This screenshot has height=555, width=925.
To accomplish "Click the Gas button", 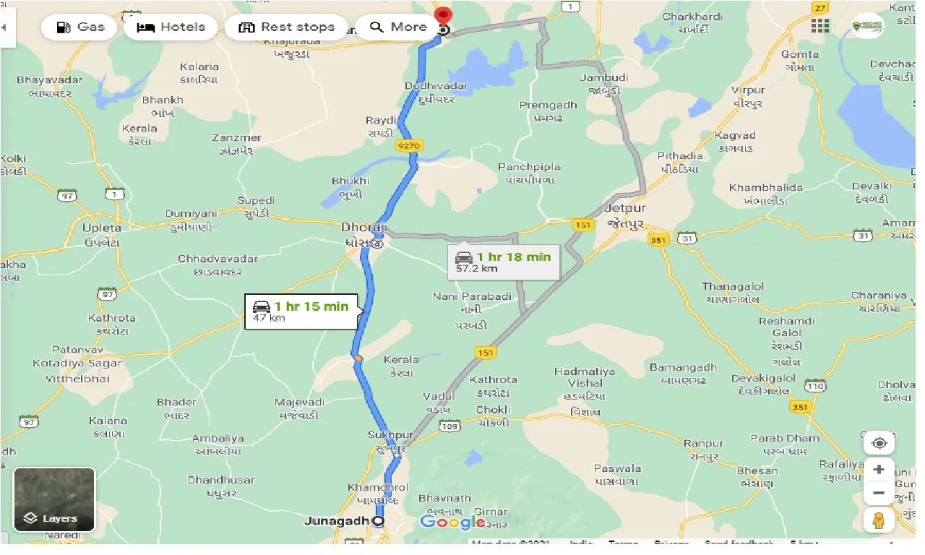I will pyautogui.click(x=79, y=27).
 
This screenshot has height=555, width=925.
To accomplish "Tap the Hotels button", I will pyautogui.click(x=171, y=27).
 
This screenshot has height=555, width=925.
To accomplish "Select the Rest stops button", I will pyautogui.click(x=286, y=27).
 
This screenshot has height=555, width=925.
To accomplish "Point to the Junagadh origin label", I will pyautogui.click(x=337, y=520).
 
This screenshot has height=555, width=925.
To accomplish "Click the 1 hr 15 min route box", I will pyautogui.click(x=301, y=311).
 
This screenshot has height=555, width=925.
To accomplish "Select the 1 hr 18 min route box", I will pyautogui.click(x=504, y=262).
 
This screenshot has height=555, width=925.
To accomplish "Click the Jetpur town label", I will pyautogui.click(x=625, y=208).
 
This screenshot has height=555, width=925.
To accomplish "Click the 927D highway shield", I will pyautogui.click(x=409, y=146).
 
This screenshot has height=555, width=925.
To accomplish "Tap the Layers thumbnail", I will pyautogui.click(x=54, y=499).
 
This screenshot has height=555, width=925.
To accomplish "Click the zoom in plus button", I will pyautogui.click(x=879, y=469).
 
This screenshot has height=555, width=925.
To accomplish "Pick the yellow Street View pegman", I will pyautogui.click(x=879, y=520).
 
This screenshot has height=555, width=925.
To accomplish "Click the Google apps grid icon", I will pyautogui.click(x=820, y=26).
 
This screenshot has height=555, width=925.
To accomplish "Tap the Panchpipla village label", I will pyautogui.click(x=529, y=167).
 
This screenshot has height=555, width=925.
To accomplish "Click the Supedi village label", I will pyautogui.click(x=256, y=200).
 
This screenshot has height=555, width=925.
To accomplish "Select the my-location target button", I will pyautogui.click(x=879, y=442).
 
